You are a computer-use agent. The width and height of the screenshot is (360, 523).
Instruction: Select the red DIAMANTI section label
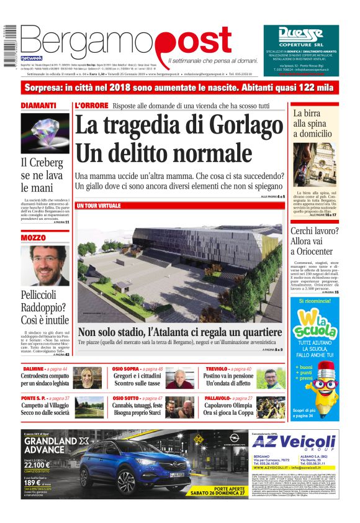(39, 106)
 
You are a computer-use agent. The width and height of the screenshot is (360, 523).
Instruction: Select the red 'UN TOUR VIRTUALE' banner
(99, 206)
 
